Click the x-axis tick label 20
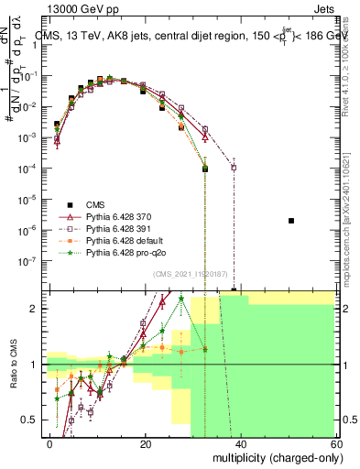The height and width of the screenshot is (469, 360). [145, 443]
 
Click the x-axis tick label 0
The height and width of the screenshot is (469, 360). [50, 443]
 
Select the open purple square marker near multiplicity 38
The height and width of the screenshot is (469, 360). [234, 168]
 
